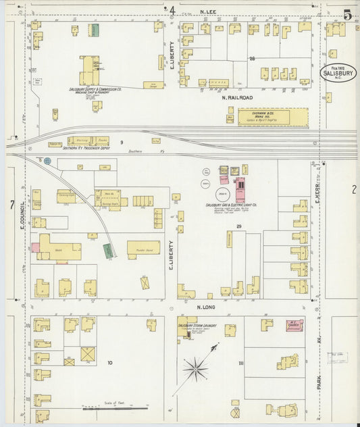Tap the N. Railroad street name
click(x=237, y=98)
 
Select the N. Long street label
click(x=205, y=307)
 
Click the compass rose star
click(x=195, y=369)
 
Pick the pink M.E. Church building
click(x=294, y=325)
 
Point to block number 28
click(x=251, y=59)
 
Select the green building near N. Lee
click(x=95, y=30)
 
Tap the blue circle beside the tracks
click(x=47, y=161)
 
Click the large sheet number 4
click(x=172, y=11)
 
